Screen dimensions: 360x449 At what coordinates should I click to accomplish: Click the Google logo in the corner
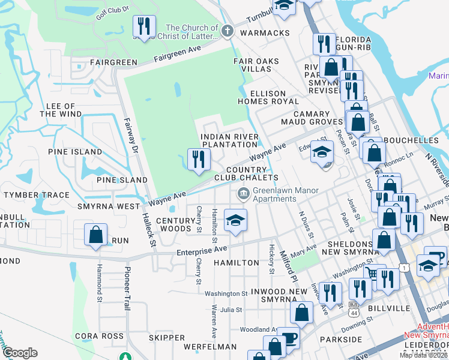20,353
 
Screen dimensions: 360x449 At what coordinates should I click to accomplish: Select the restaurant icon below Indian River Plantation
198,160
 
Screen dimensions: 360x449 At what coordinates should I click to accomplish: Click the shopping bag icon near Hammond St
96,235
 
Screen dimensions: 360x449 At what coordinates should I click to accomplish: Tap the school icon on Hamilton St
236,220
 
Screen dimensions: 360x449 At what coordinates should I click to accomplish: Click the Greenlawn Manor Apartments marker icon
244,193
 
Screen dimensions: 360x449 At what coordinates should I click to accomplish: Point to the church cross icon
227,31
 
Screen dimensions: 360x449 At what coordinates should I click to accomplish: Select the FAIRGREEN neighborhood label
113,62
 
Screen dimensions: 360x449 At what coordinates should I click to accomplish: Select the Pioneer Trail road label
127,289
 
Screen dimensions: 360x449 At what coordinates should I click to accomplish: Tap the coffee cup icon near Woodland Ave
288,339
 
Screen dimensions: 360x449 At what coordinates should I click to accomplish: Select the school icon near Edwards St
322,152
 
